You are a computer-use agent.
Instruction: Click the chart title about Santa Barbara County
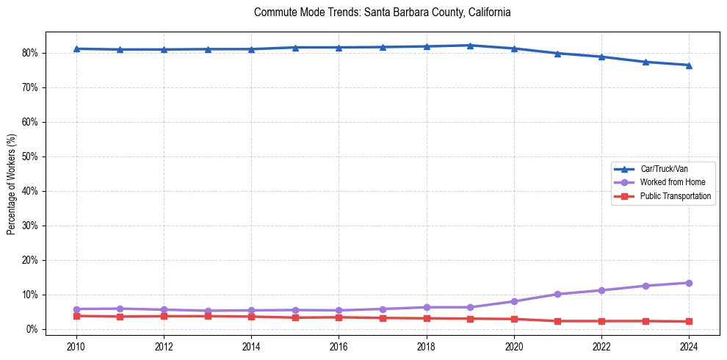[x=382, y=12]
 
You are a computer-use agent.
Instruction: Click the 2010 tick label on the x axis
[x=76, y=346]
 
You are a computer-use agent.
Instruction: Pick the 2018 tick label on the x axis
[x=427, y=346]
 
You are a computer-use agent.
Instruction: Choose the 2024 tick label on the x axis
[x=689, y=346]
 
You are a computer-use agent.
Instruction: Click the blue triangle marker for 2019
[x=470, y=46]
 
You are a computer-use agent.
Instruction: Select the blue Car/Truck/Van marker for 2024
[x=689, y=65]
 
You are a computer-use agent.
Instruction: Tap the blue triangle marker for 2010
[x=76, y=48]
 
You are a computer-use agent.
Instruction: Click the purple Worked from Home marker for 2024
[x=689, y=283]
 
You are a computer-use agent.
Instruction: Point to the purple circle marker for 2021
[x=557, y=294]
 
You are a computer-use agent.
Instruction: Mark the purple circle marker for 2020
[x=514, y=301]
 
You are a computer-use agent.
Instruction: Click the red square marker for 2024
[x=689, y=321]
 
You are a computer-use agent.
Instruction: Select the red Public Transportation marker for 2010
[x=76, y=316]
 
